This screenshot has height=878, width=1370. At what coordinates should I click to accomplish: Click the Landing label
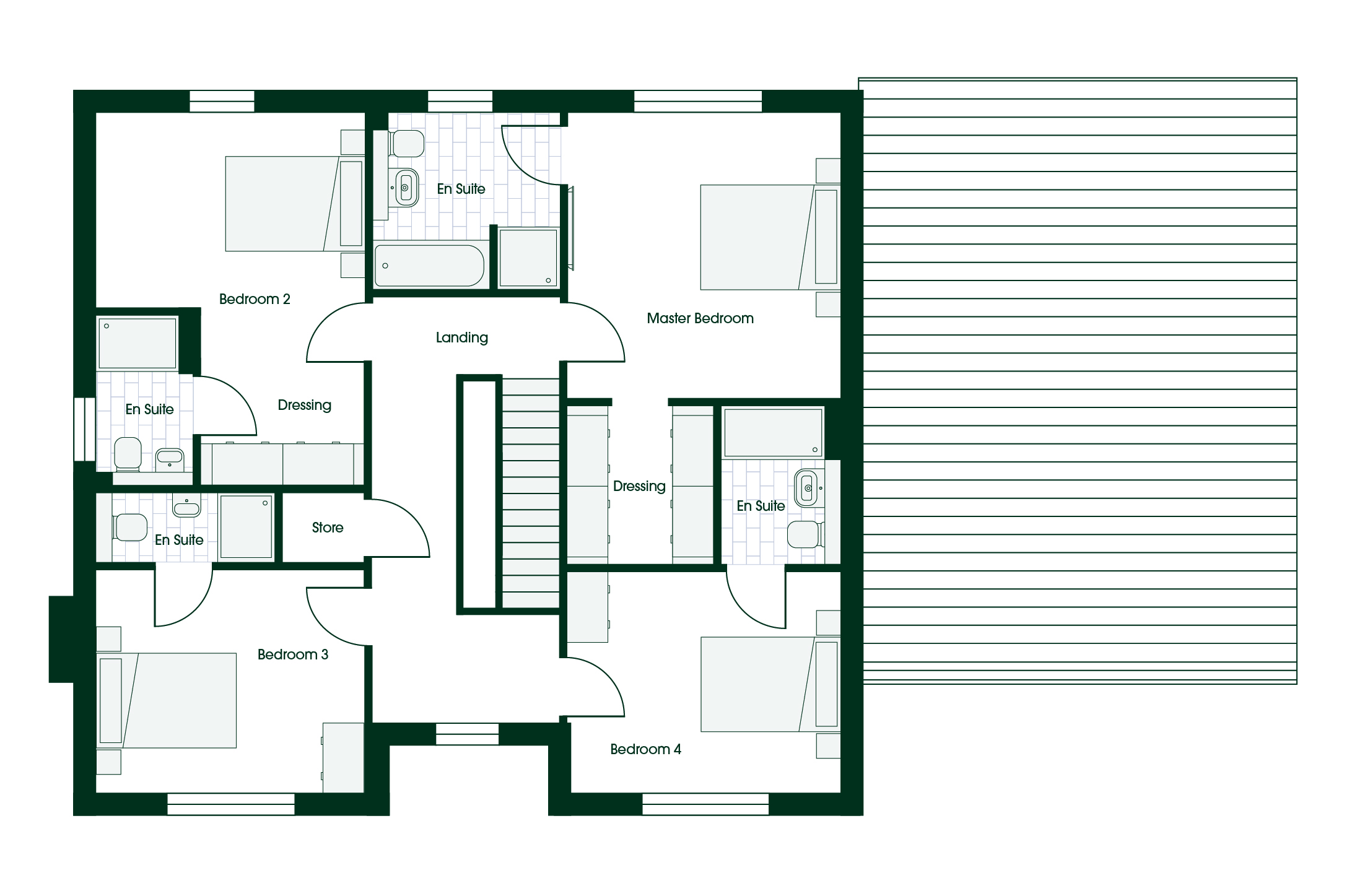pyautogui.click(x=461, y=337)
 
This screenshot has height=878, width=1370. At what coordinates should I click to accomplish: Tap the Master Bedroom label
pyautogui.click(x=700, y=318)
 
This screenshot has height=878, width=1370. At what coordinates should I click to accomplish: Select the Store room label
pyautogui.click(x=328, y=528)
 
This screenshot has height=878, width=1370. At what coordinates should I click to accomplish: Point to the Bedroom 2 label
pyautogui.click(x=255, y=299)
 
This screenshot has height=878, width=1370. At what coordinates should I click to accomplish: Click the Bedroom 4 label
pyautogui.click(x=645, y=749)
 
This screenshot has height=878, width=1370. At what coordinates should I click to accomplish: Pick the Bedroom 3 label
pyautogui.click(x=293, y=654)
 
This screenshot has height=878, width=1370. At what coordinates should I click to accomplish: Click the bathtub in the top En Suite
pyautogui.click(x=429, y=266)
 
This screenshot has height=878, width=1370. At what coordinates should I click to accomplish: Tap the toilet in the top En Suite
pyautogui.click(x=406, y=144)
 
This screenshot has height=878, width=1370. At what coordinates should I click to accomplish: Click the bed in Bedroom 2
pyautogui.click(x=295, y=204)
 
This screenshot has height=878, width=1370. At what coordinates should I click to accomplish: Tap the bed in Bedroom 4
pyautogui.click(x=770, y=684)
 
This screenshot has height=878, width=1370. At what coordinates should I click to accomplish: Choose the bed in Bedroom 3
pyautogui.click(x=167, y=700)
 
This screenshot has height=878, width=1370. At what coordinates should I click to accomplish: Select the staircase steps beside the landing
pyautogui.click(x=531, y=493)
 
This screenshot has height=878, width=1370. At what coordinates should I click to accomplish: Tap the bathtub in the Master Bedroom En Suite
pyautogui.click(x=773, y=432)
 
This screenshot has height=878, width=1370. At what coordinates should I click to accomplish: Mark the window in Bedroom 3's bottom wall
pyautogui.click(x=231, y=804)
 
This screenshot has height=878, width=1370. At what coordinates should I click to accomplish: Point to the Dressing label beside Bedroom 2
pyautogui.click(x=305, y=406)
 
